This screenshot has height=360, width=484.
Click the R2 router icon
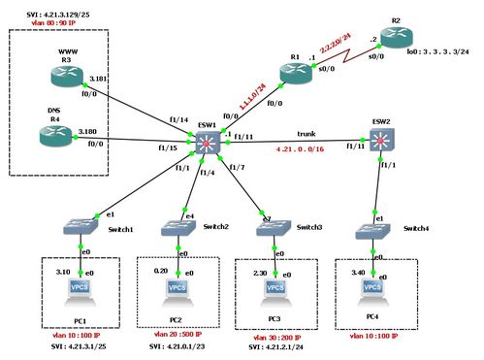tap(397, 38)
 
